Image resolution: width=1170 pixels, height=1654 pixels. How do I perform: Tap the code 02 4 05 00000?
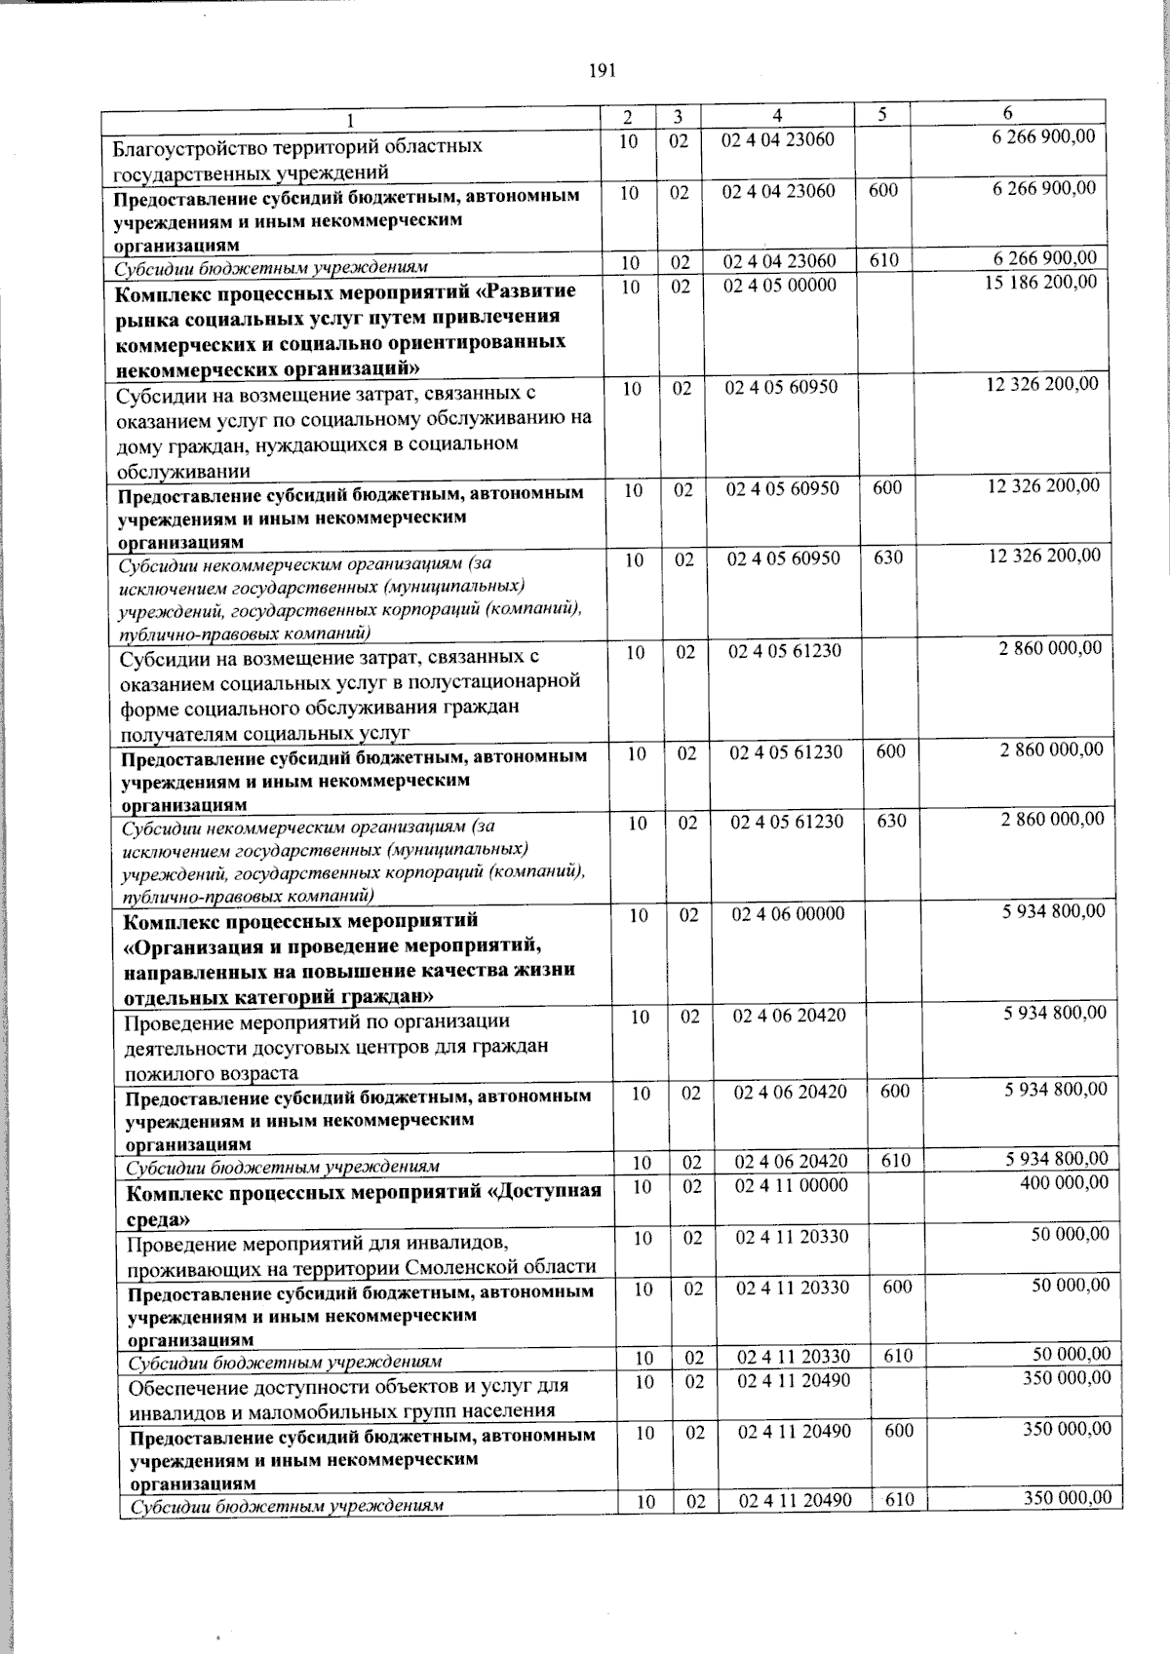pyautogui.click(x=781, y=285)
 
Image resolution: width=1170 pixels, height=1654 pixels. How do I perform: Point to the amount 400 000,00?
pyautogui.click(x=1064, y=1182)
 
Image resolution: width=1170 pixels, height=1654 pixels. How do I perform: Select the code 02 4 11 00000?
pyautogui.click(x=792, y=1185)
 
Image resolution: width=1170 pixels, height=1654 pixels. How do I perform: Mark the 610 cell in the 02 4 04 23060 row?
pyautogui.click(x=884, y=260)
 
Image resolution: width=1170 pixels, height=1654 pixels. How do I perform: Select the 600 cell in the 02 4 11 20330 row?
pyautogui.click(x=897, y=1287)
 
